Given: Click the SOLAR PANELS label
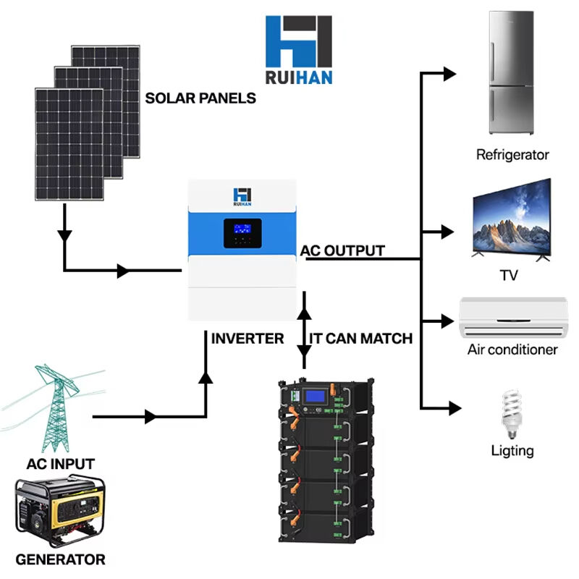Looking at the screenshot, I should [x=200, y=98].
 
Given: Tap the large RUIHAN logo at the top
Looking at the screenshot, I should [x=299, y=49].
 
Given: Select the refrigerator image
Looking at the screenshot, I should [x=512, y=73].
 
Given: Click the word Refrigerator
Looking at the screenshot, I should [x=512, y=154].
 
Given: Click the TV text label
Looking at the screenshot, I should [x=510, y=276].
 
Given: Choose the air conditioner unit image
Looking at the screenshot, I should [x=513, y=317].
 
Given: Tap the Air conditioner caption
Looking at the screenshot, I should [x=512, y=350].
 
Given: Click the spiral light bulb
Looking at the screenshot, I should [x=512, y=412].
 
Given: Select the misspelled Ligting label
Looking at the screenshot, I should [x=512, y=450].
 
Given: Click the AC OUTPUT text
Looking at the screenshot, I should [x=343, y=250].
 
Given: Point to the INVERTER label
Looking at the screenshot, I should [x=248, y=338].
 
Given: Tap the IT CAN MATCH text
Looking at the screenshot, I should [x=361, y=338].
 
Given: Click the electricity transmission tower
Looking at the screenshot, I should [x=58, y=409].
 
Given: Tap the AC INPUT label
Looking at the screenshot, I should [x=60, y=463].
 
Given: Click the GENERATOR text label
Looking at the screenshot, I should [x=60, y=559].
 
